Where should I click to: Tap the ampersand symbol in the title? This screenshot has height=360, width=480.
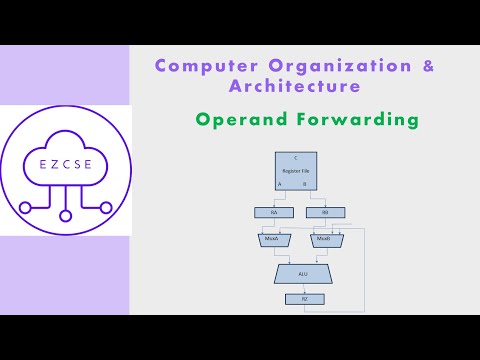(429, 66)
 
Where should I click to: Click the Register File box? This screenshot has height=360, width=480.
(295, 172)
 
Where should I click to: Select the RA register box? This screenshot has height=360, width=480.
(274, 212)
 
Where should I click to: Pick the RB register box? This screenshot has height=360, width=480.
(325, 212)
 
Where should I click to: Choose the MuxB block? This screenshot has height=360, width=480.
(323, 240)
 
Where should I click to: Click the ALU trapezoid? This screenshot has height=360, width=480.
(303, 272)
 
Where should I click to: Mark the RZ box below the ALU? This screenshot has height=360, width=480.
(304, 298)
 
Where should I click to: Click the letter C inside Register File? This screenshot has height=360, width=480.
(295, 160)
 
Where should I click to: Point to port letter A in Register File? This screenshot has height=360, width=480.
(280, 184)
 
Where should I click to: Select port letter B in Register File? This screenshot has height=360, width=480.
(304, 184)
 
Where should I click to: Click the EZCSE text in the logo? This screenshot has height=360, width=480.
(65, 162)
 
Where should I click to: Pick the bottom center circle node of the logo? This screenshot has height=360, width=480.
(65, 215)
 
